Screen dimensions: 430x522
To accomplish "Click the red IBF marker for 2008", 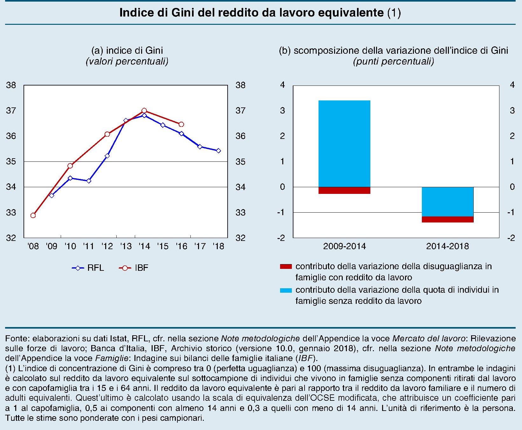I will coord(33,215).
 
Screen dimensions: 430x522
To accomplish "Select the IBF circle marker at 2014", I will coord(144,111).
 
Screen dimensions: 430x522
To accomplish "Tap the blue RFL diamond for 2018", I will coord(218,151).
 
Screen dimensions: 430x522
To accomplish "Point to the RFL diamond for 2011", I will coord(89,181).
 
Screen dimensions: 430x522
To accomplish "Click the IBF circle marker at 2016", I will coord(181,124).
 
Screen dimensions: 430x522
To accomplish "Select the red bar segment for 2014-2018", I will coord(448,219).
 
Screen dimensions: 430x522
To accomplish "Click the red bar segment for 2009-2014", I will coord(344,190).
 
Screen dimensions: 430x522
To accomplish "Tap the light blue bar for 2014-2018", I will coord(448,201).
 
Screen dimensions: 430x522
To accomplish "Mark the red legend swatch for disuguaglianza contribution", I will coord(286,267).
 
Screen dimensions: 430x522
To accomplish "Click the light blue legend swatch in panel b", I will coord(286,290).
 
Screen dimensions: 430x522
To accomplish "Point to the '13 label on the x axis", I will coord(126,246).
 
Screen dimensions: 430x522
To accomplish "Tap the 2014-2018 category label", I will coord(447,246).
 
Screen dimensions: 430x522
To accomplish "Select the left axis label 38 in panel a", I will coord(11,85).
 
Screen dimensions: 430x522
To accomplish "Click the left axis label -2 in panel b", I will coord(281,238).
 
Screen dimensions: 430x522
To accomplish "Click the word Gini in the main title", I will coord(183,13).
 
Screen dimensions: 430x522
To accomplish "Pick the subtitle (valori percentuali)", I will coord(127,61).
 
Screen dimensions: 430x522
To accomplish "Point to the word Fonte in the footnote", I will coord(17,338).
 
